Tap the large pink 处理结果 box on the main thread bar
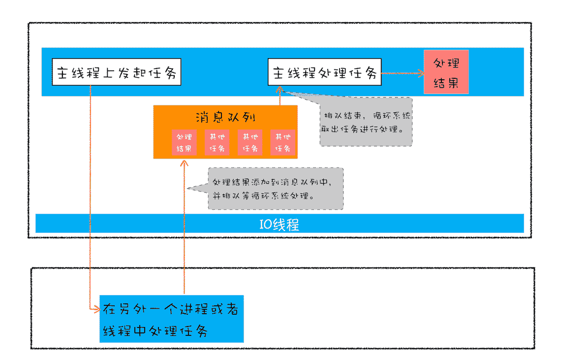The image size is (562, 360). point(446,72)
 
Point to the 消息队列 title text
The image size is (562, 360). point(225,118)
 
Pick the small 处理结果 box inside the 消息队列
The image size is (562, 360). point(184,142)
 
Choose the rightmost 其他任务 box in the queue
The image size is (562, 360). point(282,142)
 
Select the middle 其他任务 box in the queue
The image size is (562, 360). point(250,142)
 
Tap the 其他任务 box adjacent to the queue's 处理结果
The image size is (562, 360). point(217,142)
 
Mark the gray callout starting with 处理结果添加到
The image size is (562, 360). point(276,189)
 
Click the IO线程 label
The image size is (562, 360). point(279,225)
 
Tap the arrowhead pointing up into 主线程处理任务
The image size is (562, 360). point(280,89)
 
